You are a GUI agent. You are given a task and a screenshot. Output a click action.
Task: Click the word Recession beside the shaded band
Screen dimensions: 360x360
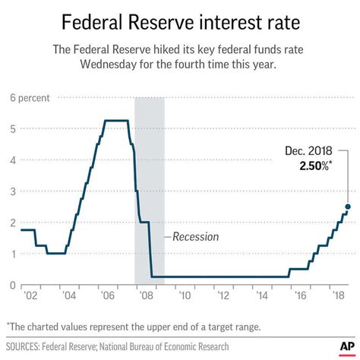pyautogui.click(x=195, y=237)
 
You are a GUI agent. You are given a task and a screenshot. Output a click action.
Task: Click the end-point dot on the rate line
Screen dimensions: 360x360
pyautogui.click(x=348, y=207)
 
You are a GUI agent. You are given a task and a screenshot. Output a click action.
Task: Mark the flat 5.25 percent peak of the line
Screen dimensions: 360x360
pyautogui.click(x=115, y=121)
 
